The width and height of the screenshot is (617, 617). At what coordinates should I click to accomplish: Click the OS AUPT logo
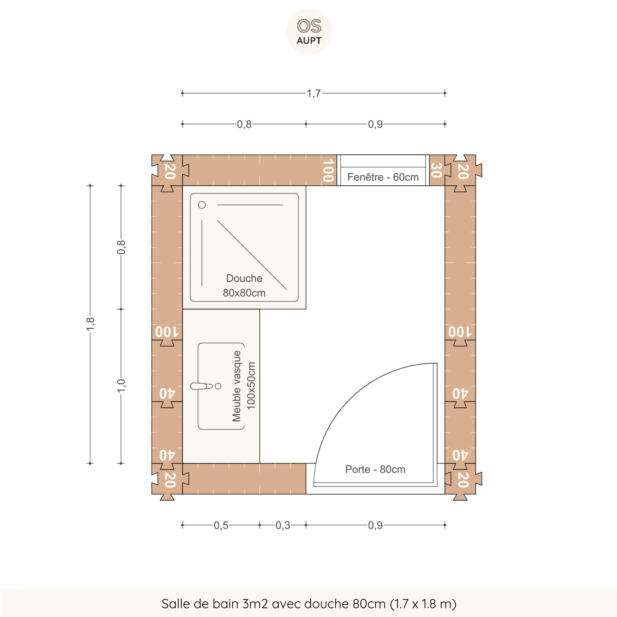pyautogui.click(x=309, y=31)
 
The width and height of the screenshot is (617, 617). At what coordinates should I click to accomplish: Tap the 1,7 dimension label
pyautogui.click(x=313, y=94)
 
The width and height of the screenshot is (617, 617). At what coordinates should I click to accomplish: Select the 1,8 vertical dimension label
pyautogui.click(x=90, y=324)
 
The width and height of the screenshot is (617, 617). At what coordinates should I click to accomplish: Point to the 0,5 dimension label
pyautogui.click(x=221, y=525)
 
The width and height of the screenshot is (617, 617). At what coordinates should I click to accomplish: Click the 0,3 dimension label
pyautogui.click(x=282, y=525)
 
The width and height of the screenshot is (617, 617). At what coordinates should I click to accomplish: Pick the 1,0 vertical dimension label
pyautogui.click(x=121, y=385)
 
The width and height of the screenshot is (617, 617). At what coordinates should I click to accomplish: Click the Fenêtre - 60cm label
pyautogui.click(x=383, y=177)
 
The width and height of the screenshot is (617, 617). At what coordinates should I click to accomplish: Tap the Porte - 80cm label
pyautogui.click(x=375, y=469)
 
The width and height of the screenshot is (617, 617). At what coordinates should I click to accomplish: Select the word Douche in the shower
pyautogui.click(x=244, y=279)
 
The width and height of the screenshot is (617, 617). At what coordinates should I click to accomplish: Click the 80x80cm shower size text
pyautogui.click(x=244, y=293)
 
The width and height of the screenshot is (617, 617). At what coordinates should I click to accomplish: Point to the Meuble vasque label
pyautogui.click(x=237, y=386)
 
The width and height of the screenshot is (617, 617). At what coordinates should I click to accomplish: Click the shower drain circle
pyautogui.click(x=202, y=205)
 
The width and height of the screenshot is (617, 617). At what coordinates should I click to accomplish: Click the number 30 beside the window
pyautogui.click(x=436, y=170)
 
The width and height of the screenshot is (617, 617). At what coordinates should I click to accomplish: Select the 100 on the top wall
pyautogui.click(x=328, y=170)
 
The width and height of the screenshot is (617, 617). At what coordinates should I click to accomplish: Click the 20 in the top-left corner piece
pyautogui.click(x=169, y=171)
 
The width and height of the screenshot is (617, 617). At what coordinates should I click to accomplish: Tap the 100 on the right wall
pyautogui.click(x=460, y=332)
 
